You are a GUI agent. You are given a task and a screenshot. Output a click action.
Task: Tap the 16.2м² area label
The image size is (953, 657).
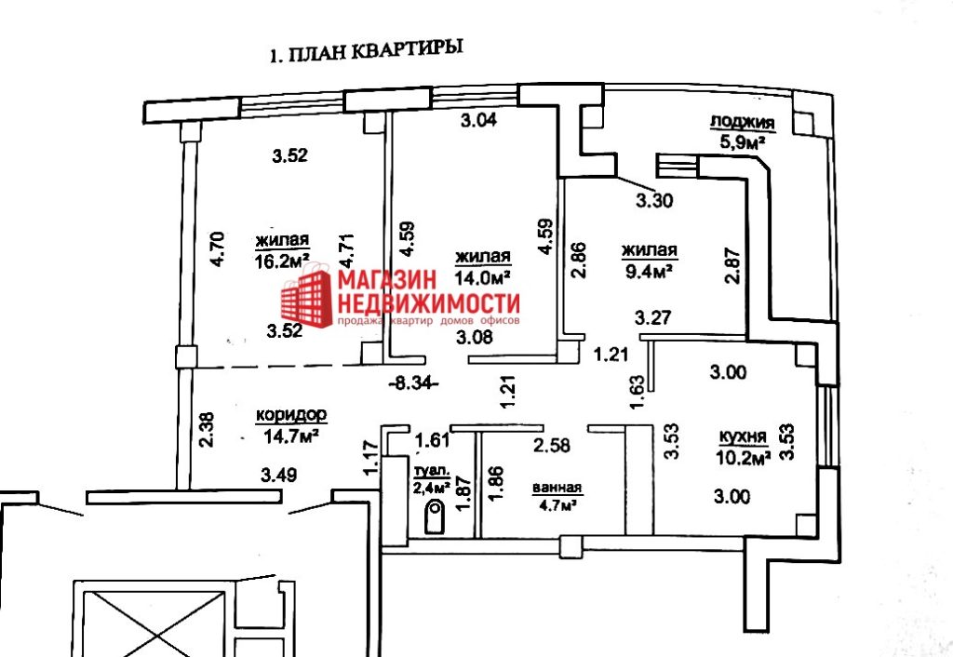click(280, 262)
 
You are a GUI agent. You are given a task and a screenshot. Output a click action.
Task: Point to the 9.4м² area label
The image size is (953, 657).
click(649, 271)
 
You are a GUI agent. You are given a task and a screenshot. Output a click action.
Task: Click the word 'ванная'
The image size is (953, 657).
click(557, 488)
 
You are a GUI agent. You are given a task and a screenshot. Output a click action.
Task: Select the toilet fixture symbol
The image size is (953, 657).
click(435, 516)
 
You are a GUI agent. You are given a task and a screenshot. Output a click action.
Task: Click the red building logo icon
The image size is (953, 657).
click(307, 293)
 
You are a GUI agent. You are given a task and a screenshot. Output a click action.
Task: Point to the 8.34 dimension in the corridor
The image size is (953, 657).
click(410, 381)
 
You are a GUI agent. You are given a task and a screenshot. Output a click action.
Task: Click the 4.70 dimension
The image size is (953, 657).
click(216, 249)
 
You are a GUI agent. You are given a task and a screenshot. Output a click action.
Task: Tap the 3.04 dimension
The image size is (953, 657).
click(479, 119)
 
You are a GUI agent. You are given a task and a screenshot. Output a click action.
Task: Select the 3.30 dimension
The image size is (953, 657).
click(654, 198)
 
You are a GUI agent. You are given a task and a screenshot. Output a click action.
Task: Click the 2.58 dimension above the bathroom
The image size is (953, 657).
click(552, 446)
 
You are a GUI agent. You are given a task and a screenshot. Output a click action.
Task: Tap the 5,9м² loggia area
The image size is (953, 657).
click(742, 141)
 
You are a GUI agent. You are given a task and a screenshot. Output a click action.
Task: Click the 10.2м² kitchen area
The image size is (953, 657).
click(743, 457)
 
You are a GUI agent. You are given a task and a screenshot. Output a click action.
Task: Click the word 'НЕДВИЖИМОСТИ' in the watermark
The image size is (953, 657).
click(428, 302)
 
